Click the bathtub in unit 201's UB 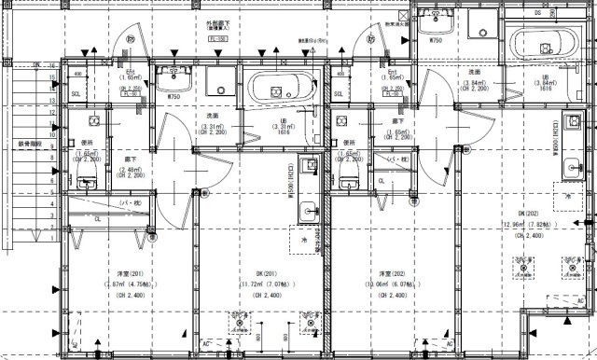coord(278,90)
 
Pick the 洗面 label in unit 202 coord(474,71)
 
